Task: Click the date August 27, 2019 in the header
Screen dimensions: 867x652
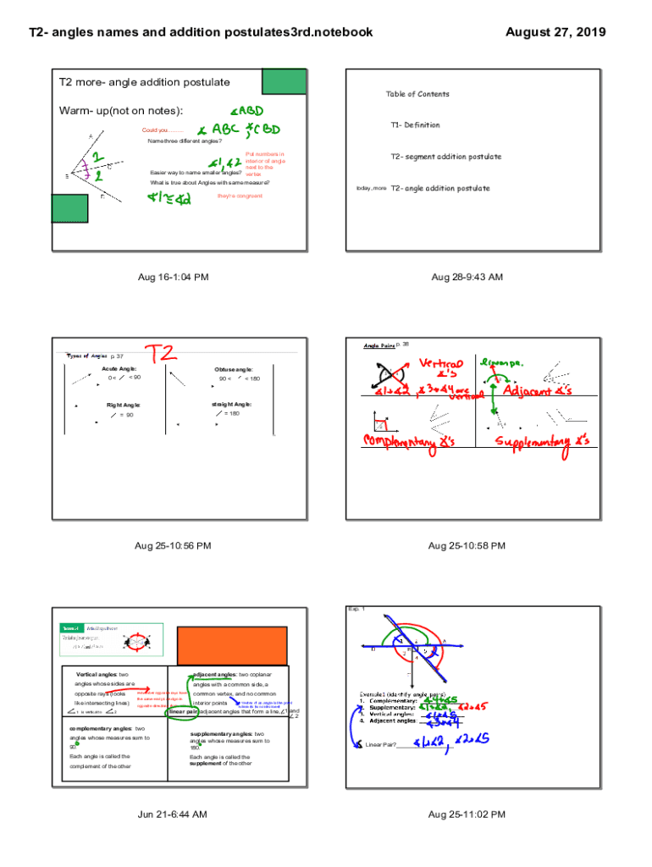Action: (x=555, y=32)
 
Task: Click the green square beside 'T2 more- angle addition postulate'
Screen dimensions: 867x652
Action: (x=279, y=80)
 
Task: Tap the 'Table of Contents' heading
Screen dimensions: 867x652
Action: (x=417, y=94)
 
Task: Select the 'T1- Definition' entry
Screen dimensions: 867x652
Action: (x=415, y=125)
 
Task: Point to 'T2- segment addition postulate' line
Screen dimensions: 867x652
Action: (x=445, y=157)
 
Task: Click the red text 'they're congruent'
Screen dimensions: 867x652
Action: (x=240, y=196)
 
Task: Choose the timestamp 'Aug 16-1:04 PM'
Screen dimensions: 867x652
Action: (x=174, y=277)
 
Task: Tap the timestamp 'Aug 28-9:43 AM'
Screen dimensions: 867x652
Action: (x=467, y=277)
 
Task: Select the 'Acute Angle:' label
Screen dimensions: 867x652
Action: (x=119, y=369)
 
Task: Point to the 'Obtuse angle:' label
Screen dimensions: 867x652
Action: (x=233, y=370)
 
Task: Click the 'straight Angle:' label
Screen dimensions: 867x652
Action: (x=232, y=405)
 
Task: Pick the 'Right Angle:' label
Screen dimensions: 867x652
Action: (x=124, y=406)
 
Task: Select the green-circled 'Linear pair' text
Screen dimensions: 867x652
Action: (x=183, y=712)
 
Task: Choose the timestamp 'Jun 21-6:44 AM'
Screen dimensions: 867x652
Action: (x=174, y=815)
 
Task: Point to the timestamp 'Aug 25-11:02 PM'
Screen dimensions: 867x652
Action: (x=467, y=815)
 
